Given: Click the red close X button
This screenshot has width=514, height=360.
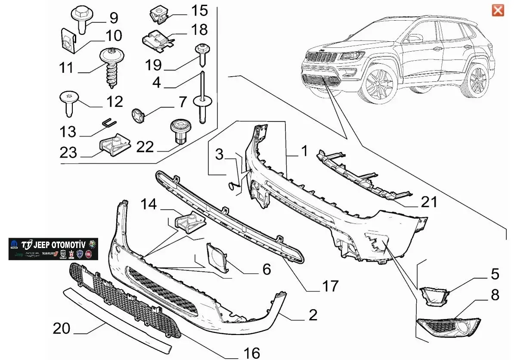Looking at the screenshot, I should (498, 10).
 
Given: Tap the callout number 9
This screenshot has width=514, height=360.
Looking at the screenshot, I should (113, 18).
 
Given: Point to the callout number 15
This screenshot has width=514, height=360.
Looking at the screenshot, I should (199, 10).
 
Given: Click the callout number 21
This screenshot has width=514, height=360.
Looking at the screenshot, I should (429, 202).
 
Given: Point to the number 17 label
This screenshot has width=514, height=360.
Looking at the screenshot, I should (330, 286).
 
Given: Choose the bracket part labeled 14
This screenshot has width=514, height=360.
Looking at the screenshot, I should (188, 223).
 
